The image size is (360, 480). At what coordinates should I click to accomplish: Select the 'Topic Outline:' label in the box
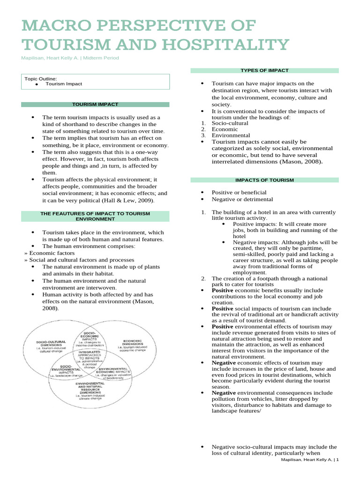point(41,79)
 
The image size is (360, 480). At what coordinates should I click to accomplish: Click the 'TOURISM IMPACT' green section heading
point(95,104)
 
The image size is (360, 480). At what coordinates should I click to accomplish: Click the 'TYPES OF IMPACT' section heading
point(264,70)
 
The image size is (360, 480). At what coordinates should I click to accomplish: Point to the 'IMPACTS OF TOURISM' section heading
point(264,180)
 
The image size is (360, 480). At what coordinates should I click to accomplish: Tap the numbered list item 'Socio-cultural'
point(230,123)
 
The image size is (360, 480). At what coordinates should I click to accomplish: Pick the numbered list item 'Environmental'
point(231,135)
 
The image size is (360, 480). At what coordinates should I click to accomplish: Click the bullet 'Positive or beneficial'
point(239,192)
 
